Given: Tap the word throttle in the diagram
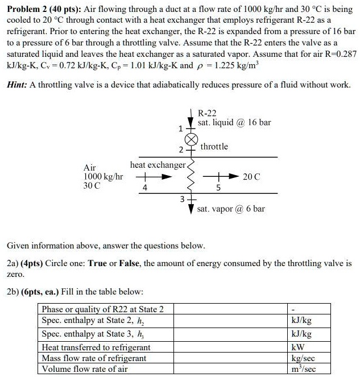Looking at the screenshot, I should [x=214, y=147].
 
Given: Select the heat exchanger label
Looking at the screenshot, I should [x=158, y=165].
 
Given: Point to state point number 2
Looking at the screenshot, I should [x=181, y=150].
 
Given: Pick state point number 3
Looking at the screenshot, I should [x=182, y=199].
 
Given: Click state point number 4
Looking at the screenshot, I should [x=145, y=186].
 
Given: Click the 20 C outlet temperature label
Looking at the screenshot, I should [x=252, y=176].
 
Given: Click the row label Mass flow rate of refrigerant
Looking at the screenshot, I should [x=94, y=358].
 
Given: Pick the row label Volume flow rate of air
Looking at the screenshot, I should [x=85, y=369].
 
